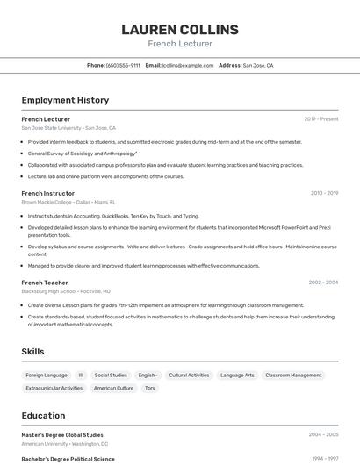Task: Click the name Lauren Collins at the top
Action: [x=180, y=29]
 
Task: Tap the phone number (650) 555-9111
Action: [x=123, y=65]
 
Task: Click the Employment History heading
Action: [x=65, y=100]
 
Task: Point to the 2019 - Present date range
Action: [x=321, y=118]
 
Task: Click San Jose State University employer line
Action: [x=68, y=127]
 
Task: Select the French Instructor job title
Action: [x=48, y=193]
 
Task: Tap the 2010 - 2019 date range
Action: [x=324, y=193]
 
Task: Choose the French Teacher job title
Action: [x=45, y=283]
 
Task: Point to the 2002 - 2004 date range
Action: [x=323, y=283]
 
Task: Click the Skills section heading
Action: [x=33, y=351]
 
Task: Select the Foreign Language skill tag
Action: [x=47, y=375]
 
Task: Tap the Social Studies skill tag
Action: [x=111, y=375]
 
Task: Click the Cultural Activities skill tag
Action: [x=189, y=375]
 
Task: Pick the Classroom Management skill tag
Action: [x=293, y=375]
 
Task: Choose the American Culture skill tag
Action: [x=113, y=388]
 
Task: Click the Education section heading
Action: [x=43, y=415]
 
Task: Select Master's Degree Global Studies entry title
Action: [x=62, y=434]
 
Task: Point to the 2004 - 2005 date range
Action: [x=323, y=434]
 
